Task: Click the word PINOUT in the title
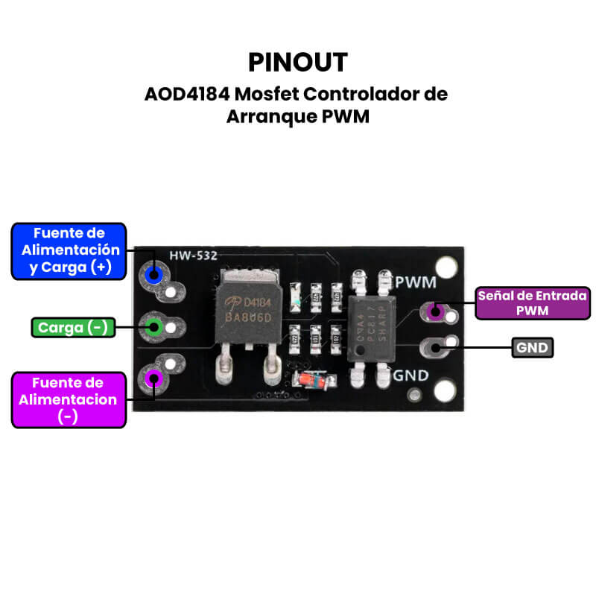297,61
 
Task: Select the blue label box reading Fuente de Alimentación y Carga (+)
69,251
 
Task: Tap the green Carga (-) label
73,327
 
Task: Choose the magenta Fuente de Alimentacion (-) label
69,400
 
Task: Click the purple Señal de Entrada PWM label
532,303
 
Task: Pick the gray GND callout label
532,347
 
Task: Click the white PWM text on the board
416,282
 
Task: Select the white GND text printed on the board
410,375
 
